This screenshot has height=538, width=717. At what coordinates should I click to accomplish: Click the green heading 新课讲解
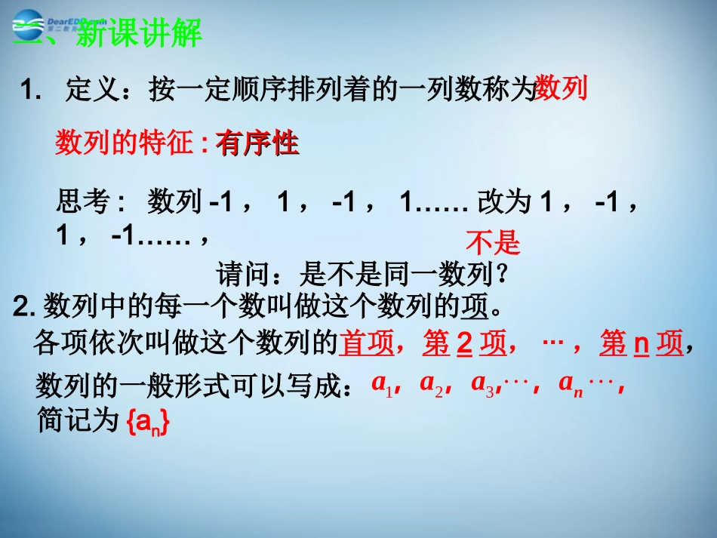pos(140,34)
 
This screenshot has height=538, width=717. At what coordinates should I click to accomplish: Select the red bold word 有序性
pos(257,143)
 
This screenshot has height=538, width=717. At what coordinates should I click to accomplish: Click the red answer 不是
pos(493,243)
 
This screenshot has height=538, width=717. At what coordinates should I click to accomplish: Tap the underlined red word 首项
pos(368,344)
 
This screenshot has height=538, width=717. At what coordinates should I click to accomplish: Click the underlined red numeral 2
pos(465,344)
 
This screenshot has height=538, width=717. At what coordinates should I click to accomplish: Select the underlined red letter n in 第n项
pos(641,344)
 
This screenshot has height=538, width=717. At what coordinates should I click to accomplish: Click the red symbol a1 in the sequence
pos(380,384)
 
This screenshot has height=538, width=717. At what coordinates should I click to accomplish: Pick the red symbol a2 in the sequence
pos(429,384)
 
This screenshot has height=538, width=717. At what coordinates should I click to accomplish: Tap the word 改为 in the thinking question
pos(507,201)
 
